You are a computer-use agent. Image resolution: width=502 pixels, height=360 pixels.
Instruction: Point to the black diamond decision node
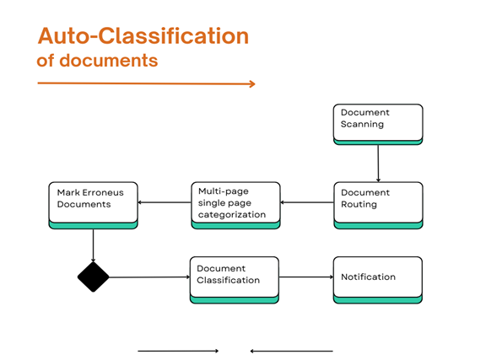[93, 277]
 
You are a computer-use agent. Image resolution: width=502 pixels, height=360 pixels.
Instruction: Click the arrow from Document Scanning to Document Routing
[378, 164]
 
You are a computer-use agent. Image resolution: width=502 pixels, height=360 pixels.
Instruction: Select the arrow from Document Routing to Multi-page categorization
[306, 202]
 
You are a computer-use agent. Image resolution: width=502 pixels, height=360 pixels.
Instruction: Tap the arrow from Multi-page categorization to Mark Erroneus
[163, 202]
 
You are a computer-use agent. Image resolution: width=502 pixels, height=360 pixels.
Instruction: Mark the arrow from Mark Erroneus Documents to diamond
[93, 244]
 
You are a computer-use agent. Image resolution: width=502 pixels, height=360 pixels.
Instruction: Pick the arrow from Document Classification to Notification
[305, 277]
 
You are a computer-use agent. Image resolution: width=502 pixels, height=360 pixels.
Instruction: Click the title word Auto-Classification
[143, 36]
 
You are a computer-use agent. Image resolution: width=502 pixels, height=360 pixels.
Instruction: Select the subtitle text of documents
[97, 62]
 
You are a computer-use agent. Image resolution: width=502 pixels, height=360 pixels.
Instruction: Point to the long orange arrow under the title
[146, 83]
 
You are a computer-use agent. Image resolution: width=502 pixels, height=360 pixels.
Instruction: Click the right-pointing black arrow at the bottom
[178, 351]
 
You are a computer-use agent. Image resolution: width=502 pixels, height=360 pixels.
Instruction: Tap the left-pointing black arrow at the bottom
[292, 351]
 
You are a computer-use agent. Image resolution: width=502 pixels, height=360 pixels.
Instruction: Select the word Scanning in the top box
[362, 124]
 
